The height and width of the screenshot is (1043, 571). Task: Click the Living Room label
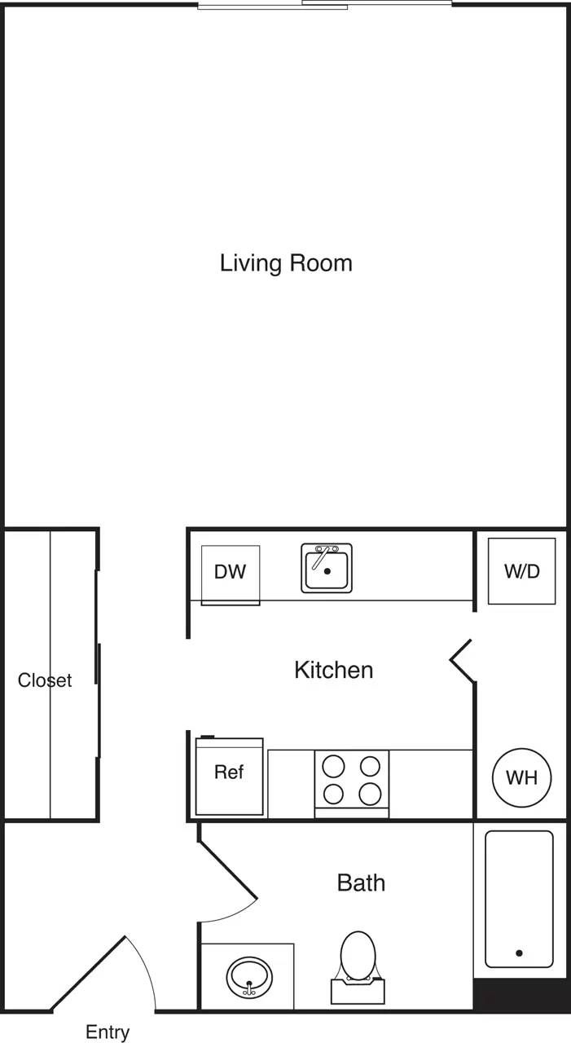coord(286,263)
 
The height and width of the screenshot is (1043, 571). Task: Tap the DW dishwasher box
coord(231,573)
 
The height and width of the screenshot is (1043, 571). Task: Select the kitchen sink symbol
coord(327,568)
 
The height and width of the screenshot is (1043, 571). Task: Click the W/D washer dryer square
coord(521,571)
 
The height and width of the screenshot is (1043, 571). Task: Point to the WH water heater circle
coord(521,777)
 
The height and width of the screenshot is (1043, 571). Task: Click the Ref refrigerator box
coord(229,775)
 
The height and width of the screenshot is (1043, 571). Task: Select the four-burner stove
coord(352,781)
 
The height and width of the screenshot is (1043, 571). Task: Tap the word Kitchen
coord(333,670)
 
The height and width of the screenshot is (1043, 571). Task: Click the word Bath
coord(361,882)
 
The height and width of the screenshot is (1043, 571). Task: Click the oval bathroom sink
coord(249,976)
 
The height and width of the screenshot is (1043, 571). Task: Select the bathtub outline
coord(519,898)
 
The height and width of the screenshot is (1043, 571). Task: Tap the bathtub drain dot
coord(519,953)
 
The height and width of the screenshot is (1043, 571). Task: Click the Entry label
coord(108,1032)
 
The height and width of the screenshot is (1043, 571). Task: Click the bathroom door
coord(229,874)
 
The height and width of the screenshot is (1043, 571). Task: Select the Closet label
coord(45,680)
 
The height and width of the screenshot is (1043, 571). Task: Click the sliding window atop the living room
coord(325,5)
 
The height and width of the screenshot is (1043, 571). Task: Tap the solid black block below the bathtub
coord(521,996)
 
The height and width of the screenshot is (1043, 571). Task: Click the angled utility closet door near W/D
coord(462,658)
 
